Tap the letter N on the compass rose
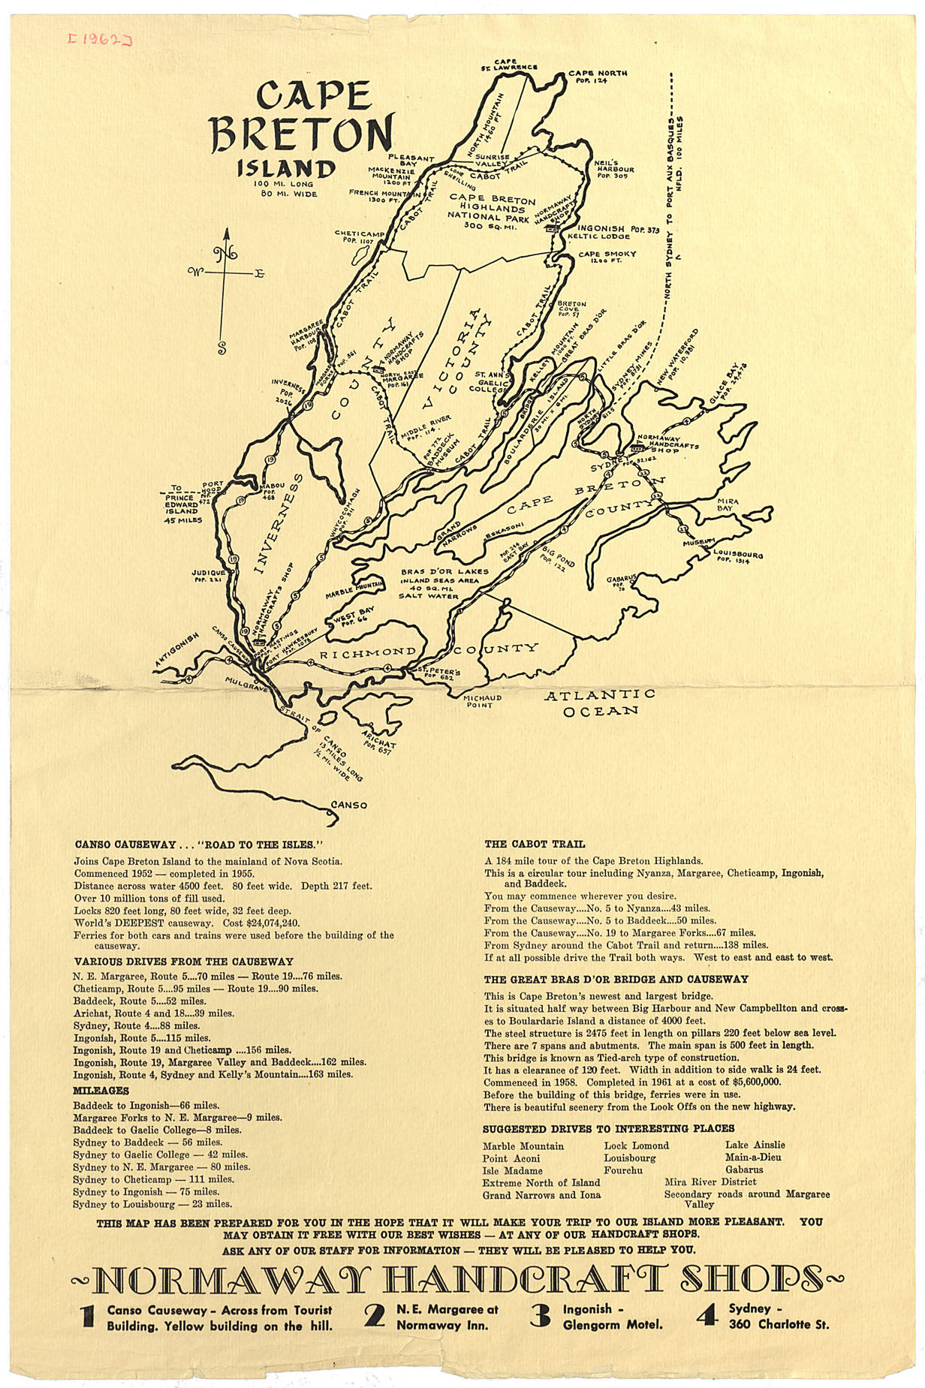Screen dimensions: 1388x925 point(224,254)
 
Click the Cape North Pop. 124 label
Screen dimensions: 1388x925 point(598,77)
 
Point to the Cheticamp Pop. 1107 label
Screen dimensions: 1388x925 point(359,236)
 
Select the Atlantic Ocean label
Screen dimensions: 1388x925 point(600,703)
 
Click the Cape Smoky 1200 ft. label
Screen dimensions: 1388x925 point(607,257)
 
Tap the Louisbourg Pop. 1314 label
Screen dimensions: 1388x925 point(737,556)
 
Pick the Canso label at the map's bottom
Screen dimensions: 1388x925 point(349,805)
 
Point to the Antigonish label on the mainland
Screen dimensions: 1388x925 point(177,649)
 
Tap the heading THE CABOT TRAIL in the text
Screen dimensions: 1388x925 point(535,844)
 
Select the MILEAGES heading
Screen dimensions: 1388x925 point(101,1091)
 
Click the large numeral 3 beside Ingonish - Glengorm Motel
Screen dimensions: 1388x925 point(540,1315)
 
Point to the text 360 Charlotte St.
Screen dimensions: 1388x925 point(779,1324)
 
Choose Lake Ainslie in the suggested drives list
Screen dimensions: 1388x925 point(755,1145)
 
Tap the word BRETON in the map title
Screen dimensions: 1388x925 point(302,135)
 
